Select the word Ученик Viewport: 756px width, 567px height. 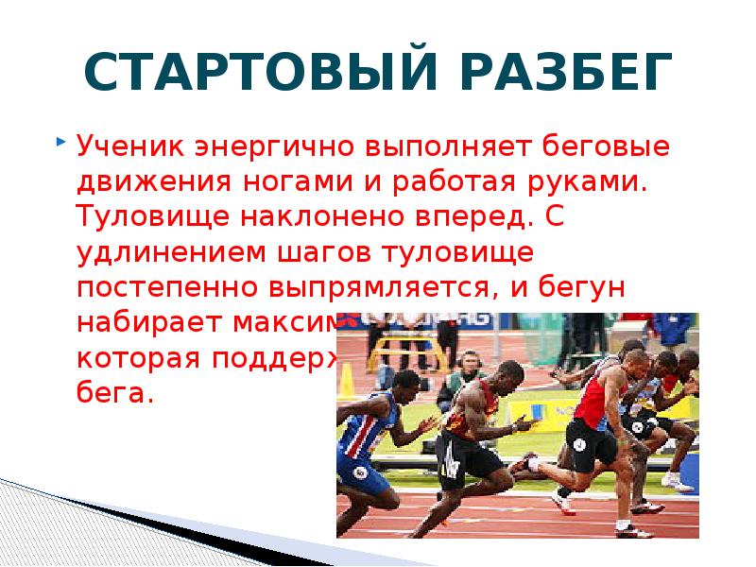tap(129, 147)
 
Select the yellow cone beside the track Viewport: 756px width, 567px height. tap(346, 381)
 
